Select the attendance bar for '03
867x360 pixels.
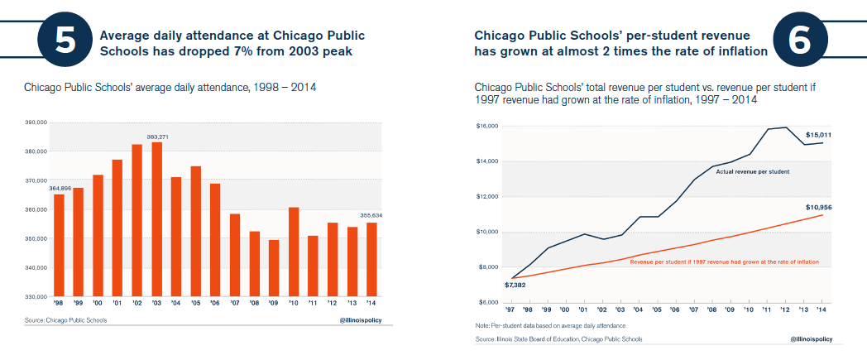tap(156, 219)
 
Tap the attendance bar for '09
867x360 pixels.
tap(274, 267)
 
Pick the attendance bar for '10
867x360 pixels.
tap(294, 252)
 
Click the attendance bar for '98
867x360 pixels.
tap(59, 245)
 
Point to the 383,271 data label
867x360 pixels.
tap(156, 137)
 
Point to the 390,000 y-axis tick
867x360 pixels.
tap(36, 122)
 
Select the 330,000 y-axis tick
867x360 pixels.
tap(36, 296)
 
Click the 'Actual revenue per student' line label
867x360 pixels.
tap(752, 171)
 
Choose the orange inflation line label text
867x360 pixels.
tap(724, 261)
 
